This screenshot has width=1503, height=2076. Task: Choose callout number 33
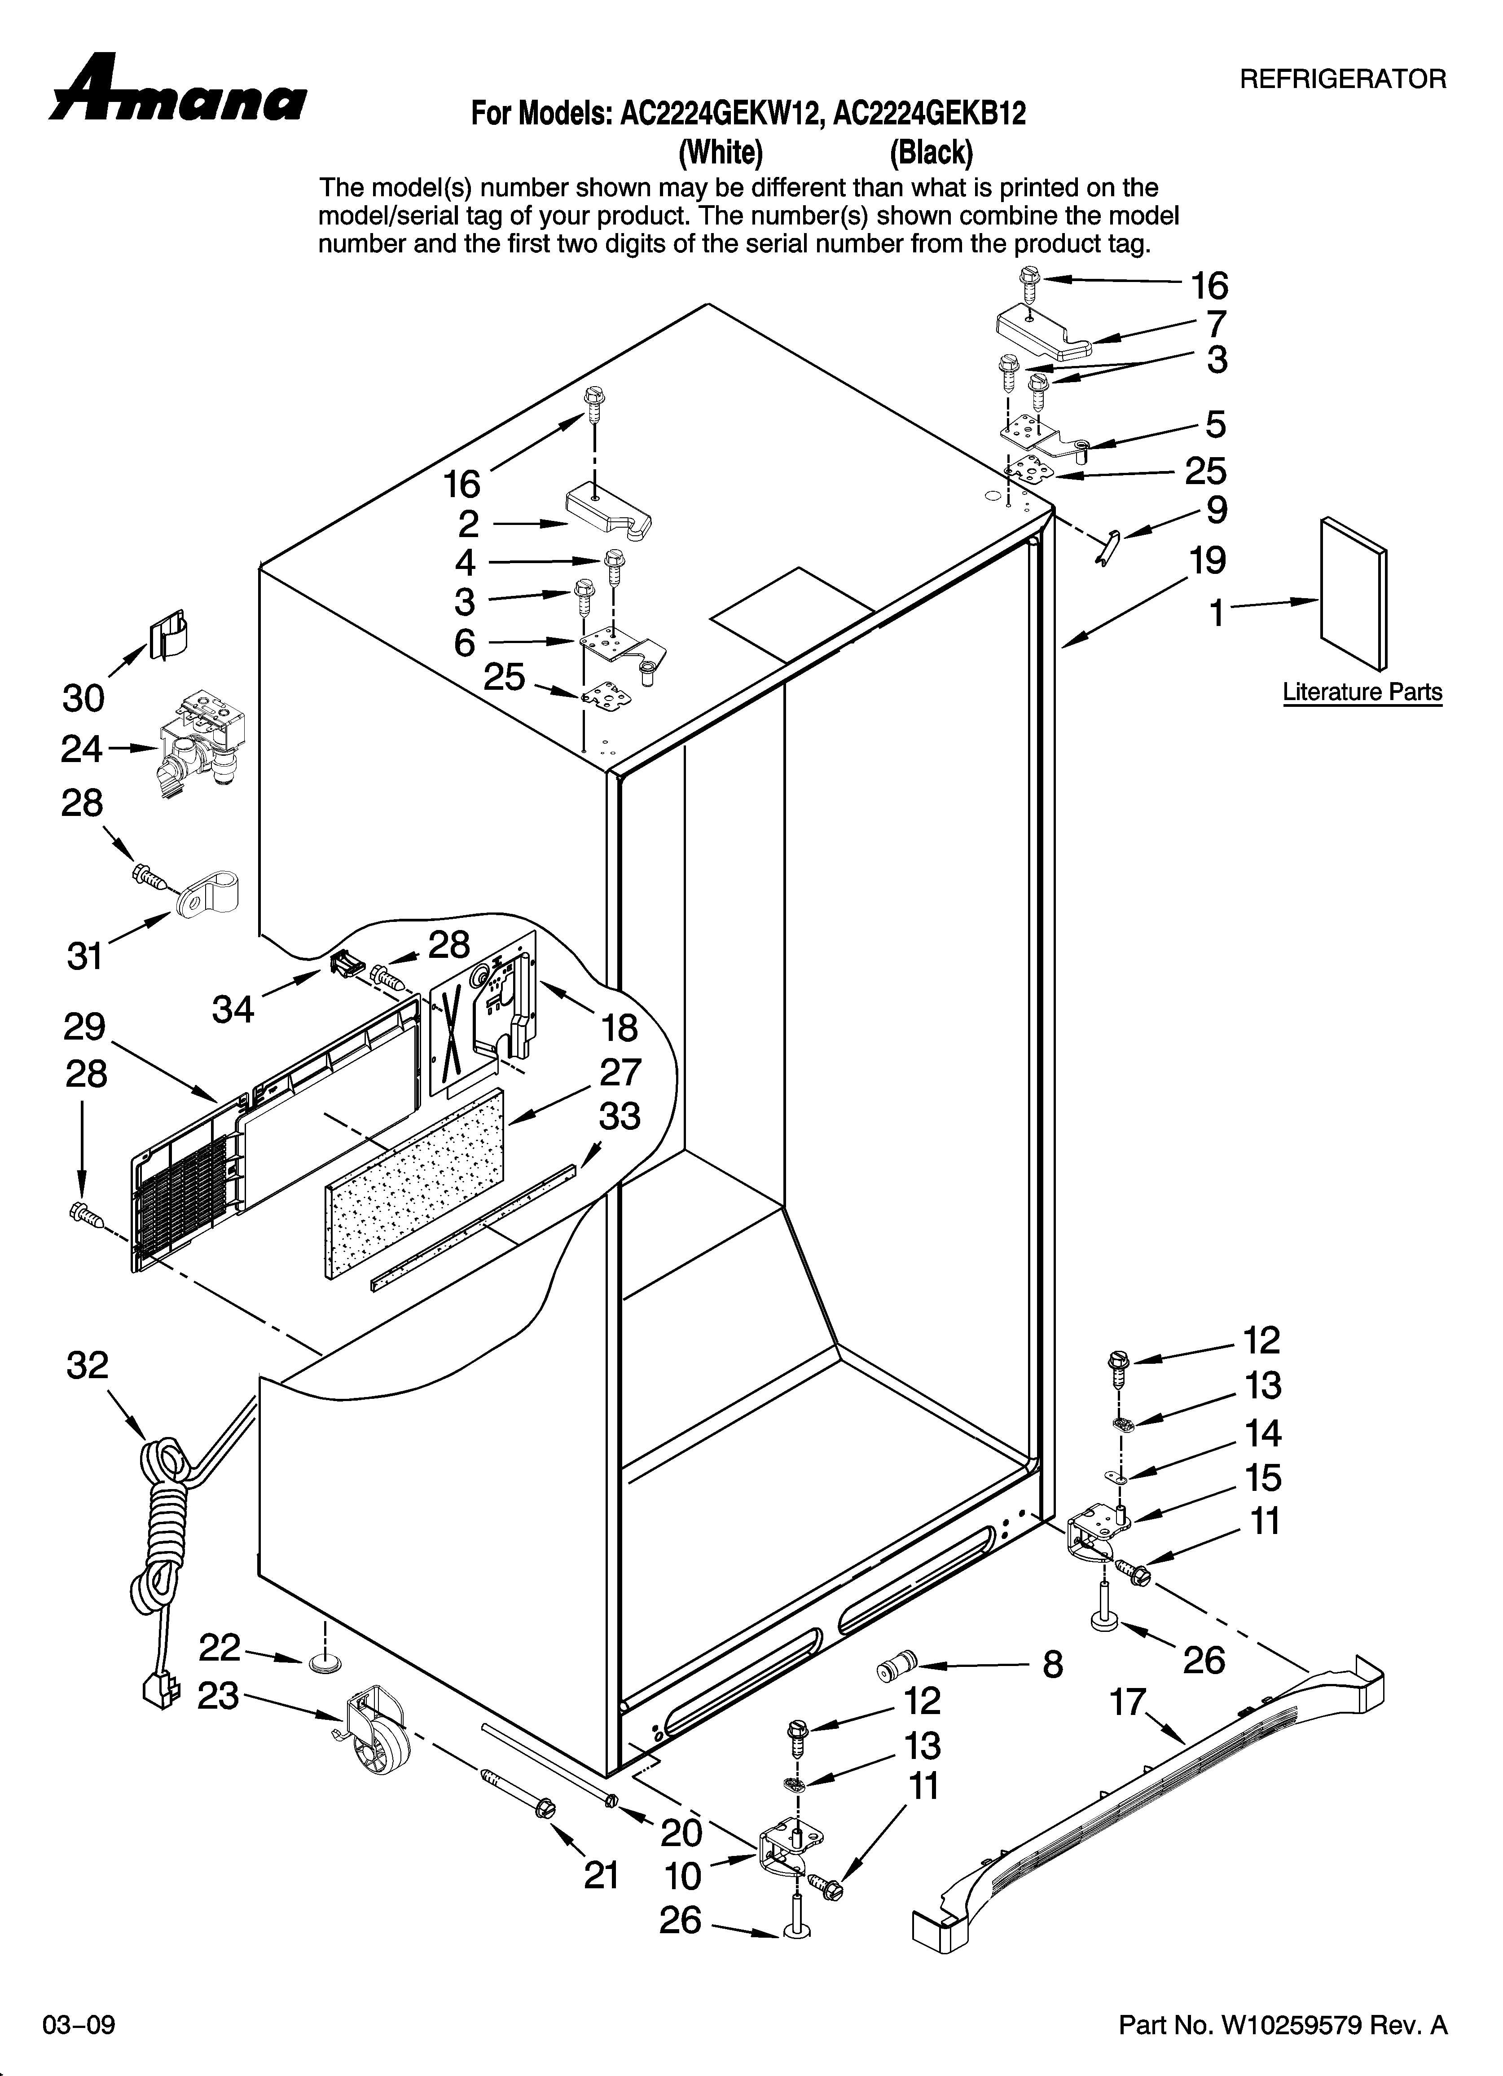pos(620,1117)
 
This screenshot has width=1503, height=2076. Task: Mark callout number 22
pos(220,1648)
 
